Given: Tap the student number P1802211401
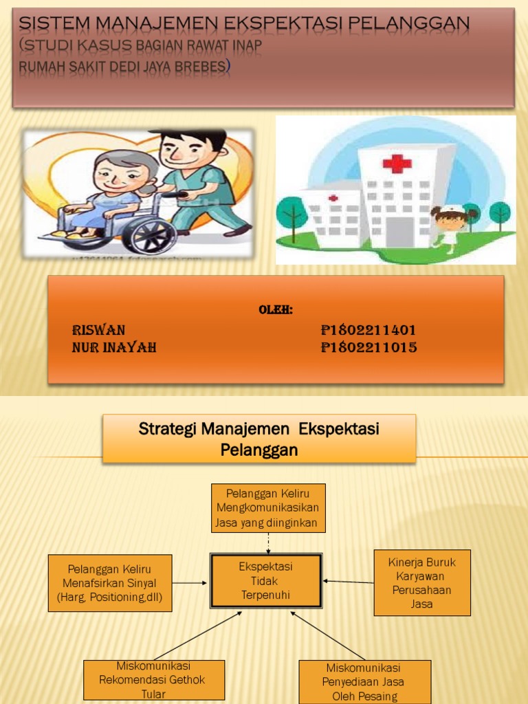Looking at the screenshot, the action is [368, 330].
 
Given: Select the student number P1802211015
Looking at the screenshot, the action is [368, 347].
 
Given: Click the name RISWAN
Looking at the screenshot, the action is [98, 330].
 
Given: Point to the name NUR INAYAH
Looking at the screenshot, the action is [114, 347].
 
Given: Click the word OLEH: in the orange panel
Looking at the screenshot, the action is [275, 310].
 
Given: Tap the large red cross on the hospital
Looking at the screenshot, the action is [397, 164].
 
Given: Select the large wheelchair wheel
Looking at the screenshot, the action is [150, 234].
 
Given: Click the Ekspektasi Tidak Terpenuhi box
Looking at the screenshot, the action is [265, 581].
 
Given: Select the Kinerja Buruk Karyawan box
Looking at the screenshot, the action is [422, 582].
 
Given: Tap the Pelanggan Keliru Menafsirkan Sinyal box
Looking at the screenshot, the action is [110, 583].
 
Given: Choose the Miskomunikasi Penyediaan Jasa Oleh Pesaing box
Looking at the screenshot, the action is [364, 681].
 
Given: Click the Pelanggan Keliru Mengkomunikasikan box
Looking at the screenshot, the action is [267, 507].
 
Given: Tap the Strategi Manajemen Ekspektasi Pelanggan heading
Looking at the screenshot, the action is [259, 439].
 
